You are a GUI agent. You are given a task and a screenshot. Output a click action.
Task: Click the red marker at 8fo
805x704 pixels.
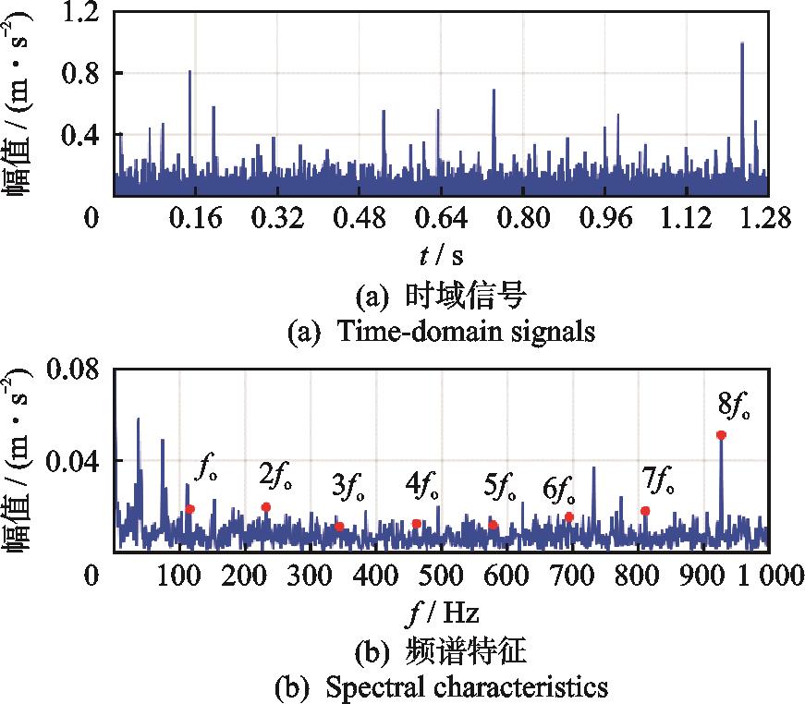click(721, 434)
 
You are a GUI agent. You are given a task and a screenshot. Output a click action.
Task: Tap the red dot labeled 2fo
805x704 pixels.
click(266, 506)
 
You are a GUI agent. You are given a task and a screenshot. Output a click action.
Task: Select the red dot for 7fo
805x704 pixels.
click(645, 511)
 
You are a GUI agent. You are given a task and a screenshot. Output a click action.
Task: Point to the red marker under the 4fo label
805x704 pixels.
click(417, 524)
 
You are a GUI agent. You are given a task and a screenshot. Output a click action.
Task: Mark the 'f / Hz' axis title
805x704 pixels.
click(441, 613)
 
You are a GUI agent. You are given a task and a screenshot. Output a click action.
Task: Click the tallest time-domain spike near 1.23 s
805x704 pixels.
click(742, 43)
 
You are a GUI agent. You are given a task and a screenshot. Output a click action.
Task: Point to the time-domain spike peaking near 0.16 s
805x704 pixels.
click(189, 71)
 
